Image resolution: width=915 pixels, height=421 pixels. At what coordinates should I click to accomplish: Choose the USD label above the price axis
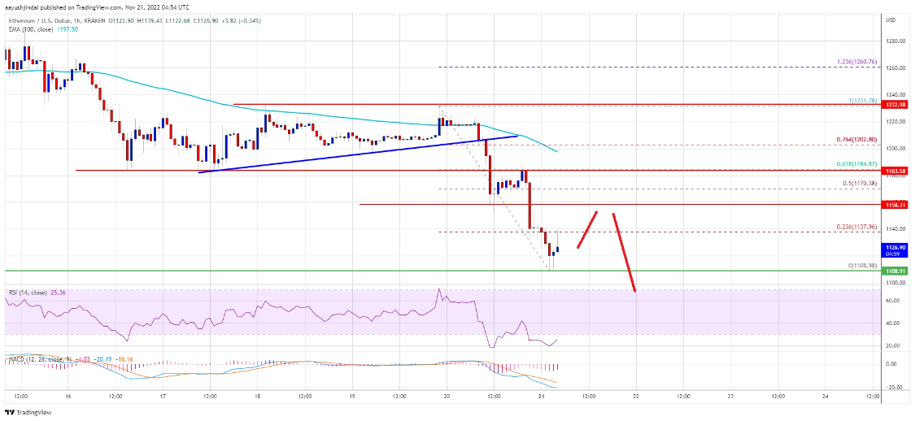(891, 20)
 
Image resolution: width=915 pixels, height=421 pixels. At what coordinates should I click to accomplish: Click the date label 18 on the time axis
(258, 396)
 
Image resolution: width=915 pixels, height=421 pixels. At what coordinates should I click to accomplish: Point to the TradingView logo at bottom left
(33, 412)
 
